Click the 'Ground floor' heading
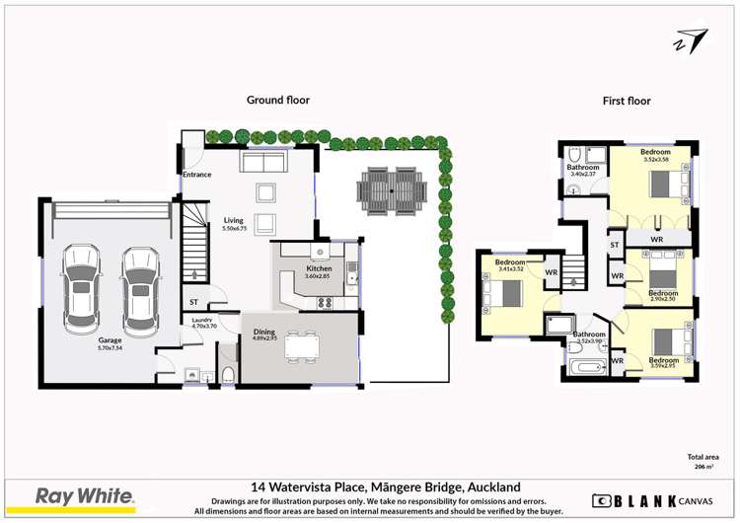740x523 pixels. coord(277,100)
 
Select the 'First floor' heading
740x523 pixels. coord(627,101)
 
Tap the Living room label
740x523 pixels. coord(233,221)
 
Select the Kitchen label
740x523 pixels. coord(319,268)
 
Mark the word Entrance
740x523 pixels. coord(196,175)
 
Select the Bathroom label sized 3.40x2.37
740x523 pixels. coord(582,168)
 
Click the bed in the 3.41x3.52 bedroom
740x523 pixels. coord(511,294)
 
